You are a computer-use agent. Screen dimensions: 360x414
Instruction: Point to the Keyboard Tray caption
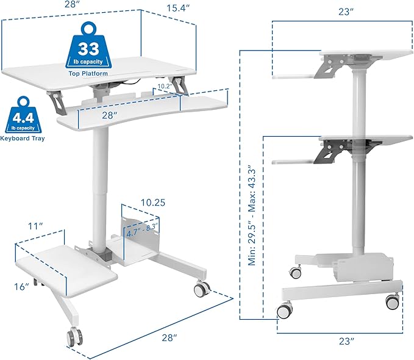click(x=23, y=139)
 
